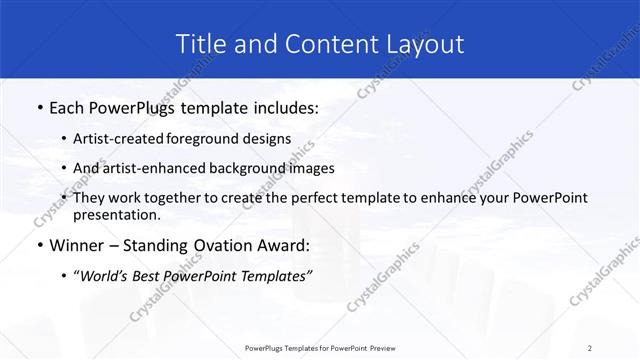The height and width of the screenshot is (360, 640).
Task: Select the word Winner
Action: [x=79, y=245]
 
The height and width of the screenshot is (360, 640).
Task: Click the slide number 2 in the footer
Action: [x=590, y=347]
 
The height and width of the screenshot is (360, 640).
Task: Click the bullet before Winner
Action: [x=38, y=245]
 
